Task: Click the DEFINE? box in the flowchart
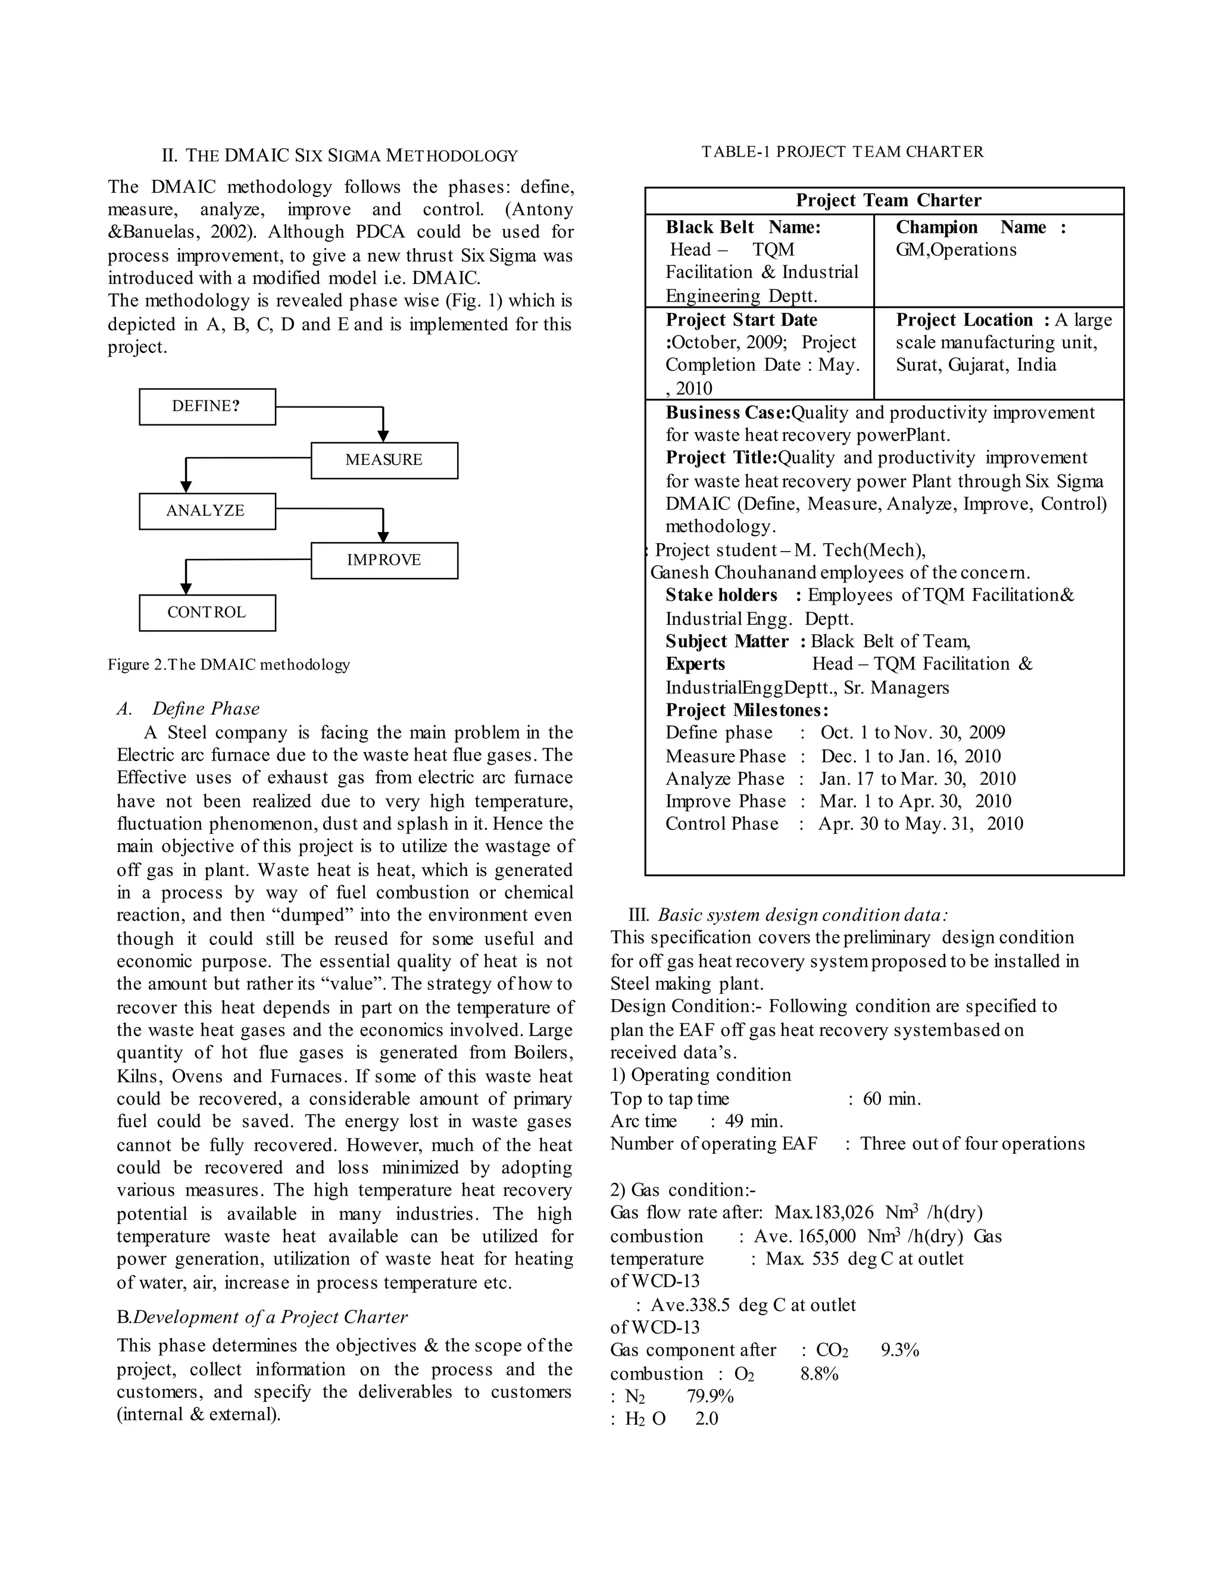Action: pyautogui.click(x=207, y=406)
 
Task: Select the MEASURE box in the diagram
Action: pyautogui.click(x=384, y=460)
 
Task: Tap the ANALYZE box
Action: pyautogui.click(x=207, y=511)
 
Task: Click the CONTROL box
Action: pyautogui.click(x=207, y=612)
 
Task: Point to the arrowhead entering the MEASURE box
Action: pyautogui.click(x=383, y=436)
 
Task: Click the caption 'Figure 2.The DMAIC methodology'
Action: pyautogui.click(x=229, y=664)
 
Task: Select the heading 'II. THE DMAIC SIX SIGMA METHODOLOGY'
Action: pyautogui.click(x=339, y=155)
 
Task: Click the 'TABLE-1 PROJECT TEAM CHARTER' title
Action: pyautogui.click(x=842, y=152)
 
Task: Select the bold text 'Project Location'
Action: pyautogui.click(x=965, y=320)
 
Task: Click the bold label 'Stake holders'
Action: pyautogui.click(x=721, y=595)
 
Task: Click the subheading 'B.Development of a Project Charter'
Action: pyautogui.click(x=262, y=1317)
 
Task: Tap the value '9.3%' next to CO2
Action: pyautogui.click(x=900, y=1350)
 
